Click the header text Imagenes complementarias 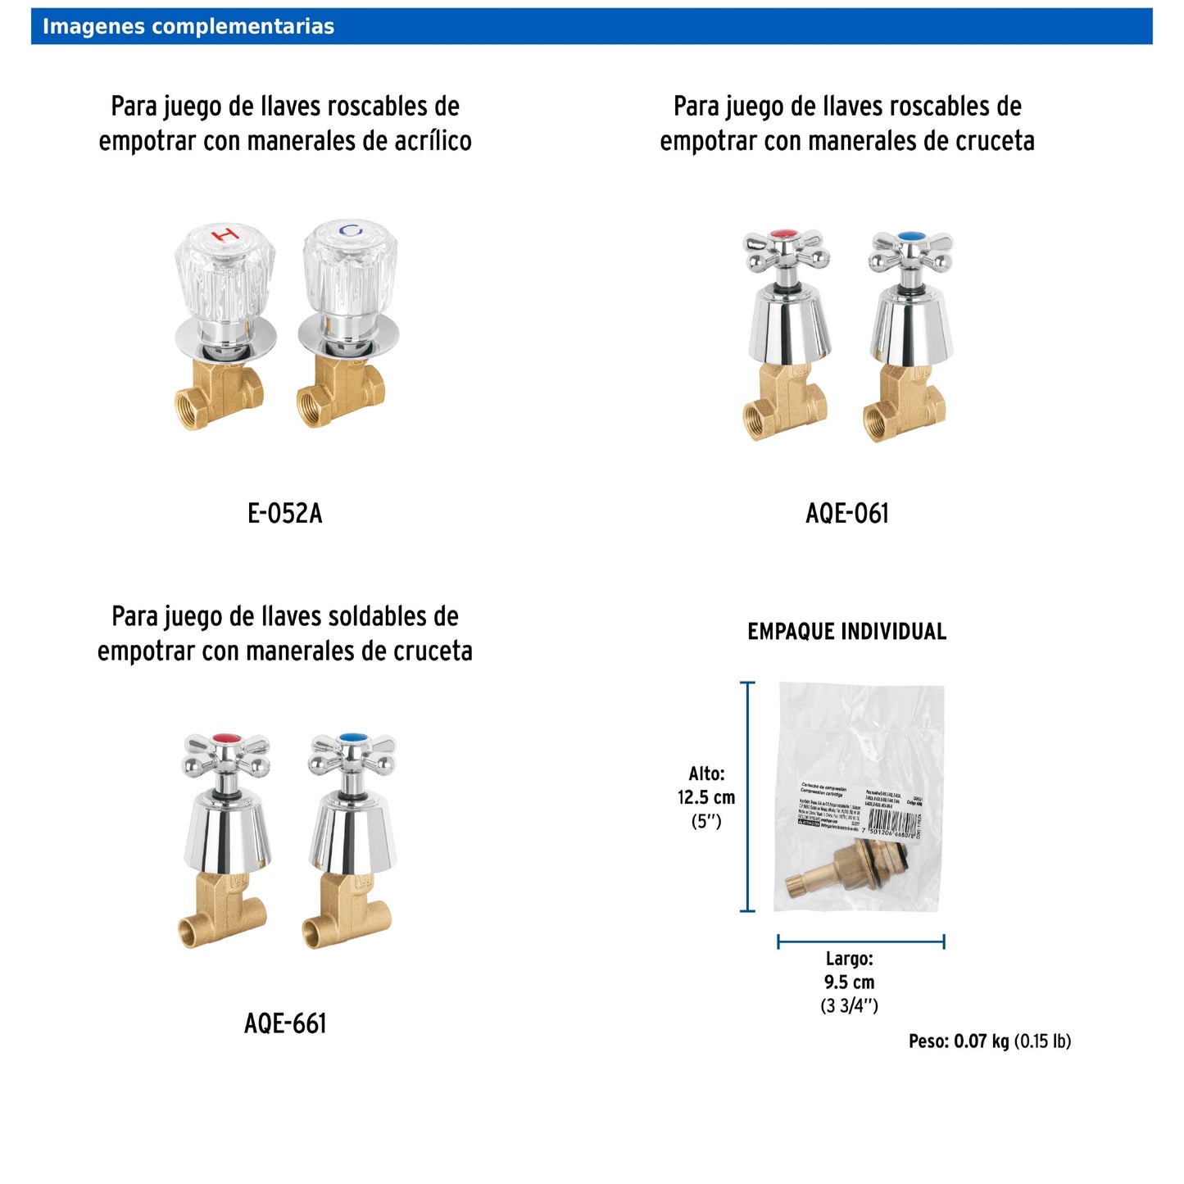click(188, 26)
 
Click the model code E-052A click(284, 514)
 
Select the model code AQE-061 click(846, 514)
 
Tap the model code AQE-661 click(284, 1023)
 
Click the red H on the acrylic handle click(225, 235)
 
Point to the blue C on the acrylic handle click(351, 231)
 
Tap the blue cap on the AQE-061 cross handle click(910, 237)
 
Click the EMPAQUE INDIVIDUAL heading click(846, 632)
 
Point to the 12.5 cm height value click(705, 797)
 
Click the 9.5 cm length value click(849, 982)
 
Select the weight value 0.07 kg click(981, 1041)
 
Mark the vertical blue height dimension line click(747, 796)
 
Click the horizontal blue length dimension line click(860, 941)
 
